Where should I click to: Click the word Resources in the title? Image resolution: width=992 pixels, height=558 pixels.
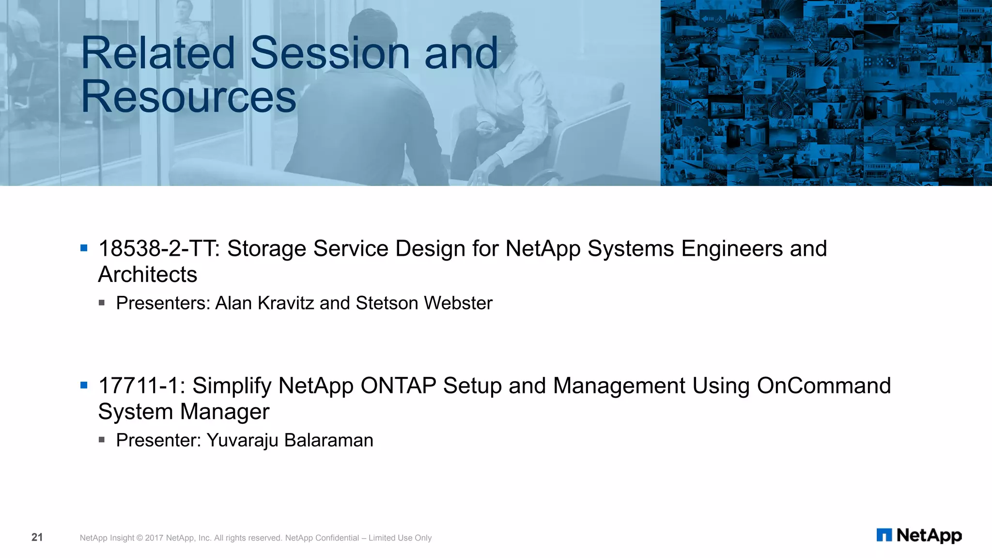pos(188,97)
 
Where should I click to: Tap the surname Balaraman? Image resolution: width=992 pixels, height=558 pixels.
pos(328,440)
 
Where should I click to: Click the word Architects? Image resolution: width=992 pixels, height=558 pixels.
pos(148,275)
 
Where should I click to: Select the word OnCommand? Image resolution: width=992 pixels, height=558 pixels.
pos(823,386)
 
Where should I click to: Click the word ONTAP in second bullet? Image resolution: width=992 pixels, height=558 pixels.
pos(398,386)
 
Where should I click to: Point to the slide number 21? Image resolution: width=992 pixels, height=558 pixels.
pos(37,537)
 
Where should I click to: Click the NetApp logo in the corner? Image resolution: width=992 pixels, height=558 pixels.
pos(919,535)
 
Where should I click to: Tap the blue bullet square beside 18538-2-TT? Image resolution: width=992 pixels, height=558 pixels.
pos(84,248)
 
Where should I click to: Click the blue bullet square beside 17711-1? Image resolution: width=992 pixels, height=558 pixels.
pos(84,386)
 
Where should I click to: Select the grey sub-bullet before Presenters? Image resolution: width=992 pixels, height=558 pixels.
pos(102,303)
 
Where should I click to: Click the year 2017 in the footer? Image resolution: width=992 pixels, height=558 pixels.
pos(154,538)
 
